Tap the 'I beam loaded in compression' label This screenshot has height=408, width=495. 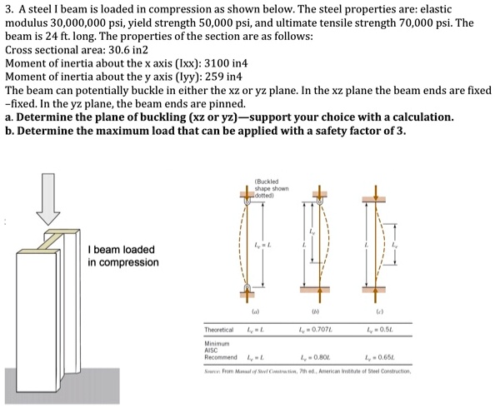(122, 256)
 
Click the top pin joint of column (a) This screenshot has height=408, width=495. (247, 202)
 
